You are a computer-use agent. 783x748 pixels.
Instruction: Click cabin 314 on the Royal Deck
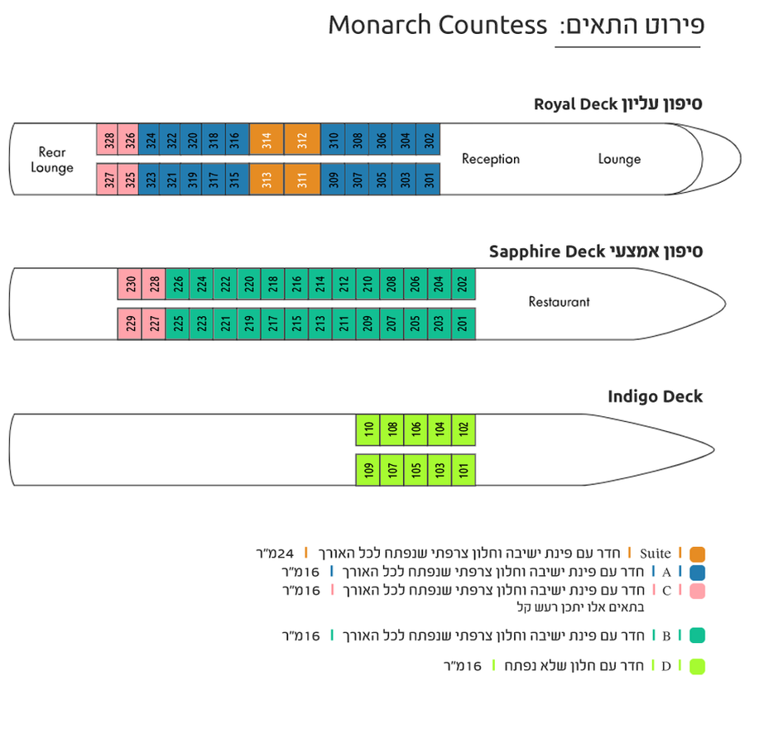click(x=267, y=139)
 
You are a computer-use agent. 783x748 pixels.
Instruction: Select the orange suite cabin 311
click(x=302, y=179)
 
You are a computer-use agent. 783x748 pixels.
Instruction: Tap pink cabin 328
click(x=107, y=139)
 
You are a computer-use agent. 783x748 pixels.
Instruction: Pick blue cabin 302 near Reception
click(x=428, y=139)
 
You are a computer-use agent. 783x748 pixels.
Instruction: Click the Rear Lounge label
click(x=52, y=160)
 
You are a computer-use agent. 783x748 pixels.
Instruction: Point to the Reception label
click(x=490, y=159)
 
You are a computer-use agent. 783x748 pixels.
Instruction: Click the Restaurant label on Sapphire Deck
click(x=559, y=301)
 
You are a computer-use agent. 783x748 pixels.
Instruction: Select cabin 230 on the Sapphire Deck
click(x=130, y=284)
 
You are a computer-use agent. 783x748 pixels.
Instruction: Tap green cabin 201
click(x=464, y=324)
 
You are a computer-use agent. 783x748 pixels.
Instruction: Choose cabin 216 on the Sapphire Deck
click(x=296, y=284)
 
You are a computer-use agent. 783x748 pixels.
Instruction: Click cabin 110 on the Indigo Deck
click(x=368, y=429)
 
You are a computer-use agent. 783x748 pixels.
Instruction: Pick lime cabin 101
click(x=464, y=469)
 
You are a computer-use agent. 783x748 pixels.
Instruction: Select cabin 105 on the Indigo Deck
click(x=416, y=469)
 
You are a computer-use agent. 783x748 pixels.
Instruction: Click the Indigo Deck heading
click(x=655, y=396)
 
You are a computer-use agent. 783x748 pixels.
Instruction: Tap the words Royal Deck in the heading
click(x=575, y=104)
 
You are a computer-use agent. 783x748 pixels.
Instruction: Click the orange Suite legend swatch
click(x=697, y=554)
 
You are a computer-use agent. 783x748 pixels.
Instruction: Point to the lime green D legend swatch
click(x=697, y=667)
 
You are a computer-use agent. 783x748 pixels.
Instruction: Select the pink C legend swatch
click(x=697, y=592)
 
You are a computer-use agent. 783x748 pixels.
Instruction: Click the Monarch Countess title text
click(x=438, y=25)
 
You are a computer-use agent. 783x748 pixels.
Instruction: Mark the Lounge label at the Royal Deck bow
click(x=619, y=159)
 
